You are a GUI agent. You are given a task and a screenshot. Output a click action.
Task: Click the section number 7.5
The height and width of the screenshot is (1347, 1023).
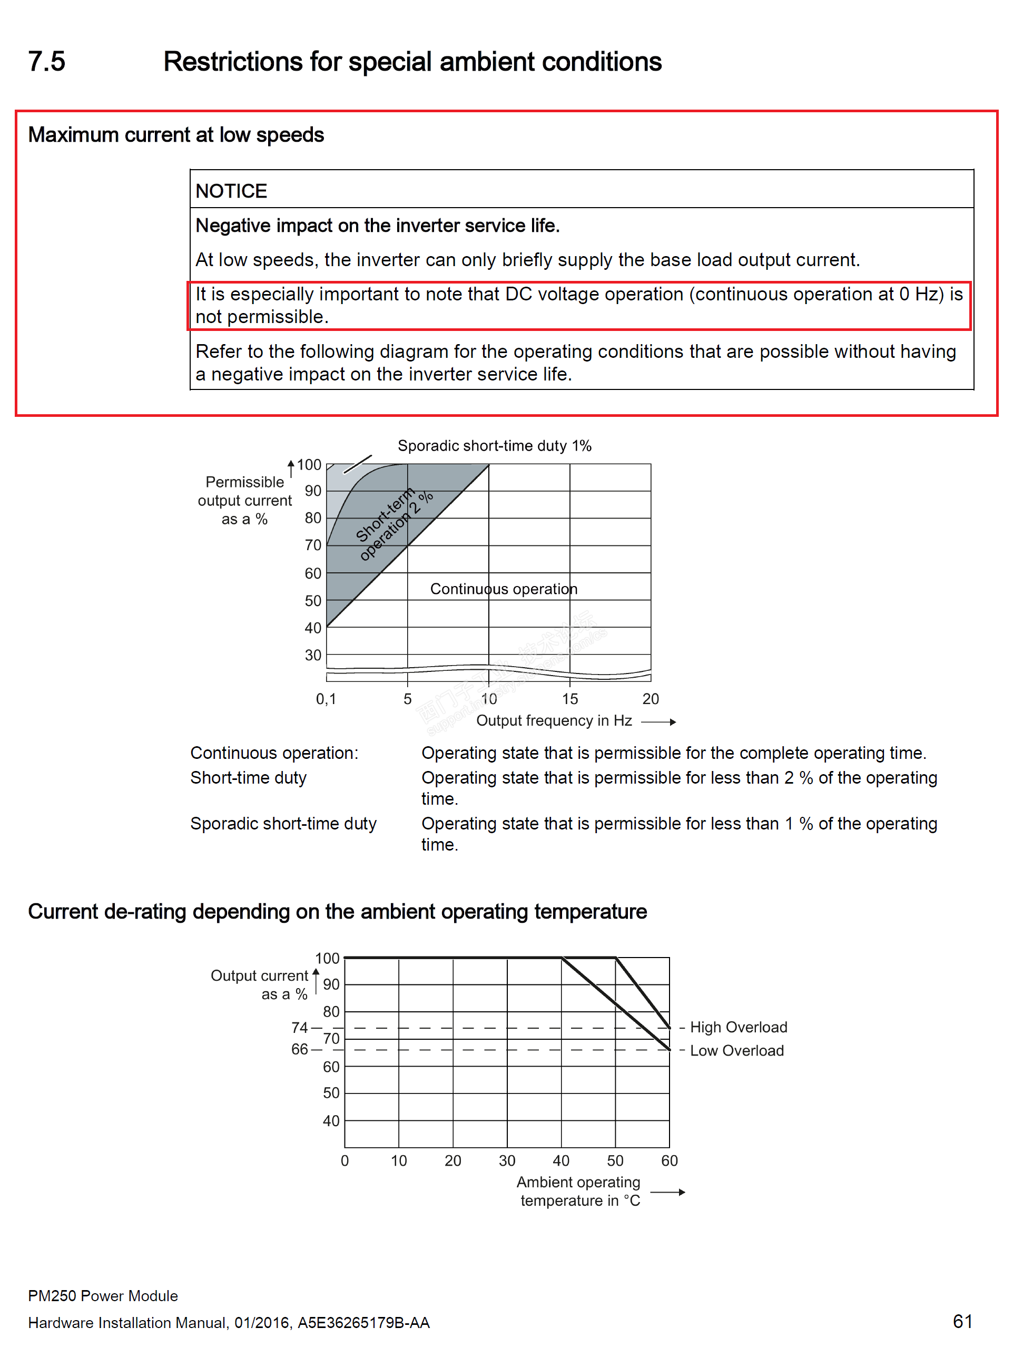coord(46,62)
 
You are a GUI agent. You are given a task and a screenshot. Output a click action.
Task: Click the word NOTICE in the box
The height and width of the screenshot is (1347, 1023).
coord(231,191)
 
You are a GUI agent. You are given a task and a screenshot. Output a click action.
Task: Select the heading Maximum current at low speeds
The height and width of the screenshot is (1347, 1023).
coord(176,134)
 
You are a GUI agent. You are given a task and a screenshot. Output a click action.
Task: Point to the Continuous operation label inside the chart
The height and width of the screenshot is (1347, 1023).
coord(504,589)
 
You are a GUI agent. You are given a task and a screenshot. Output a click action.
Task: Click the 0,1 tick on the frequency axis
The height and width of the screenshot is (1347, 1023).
coord(326,699)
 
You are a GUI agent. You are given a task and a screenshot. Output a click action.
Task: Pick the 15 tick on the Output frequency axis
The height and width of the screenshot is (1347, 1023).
coord(569,699)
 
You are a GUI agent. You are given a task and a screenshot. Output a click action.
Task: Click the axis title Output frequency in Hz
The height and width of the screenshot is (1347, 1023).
coord(554,721)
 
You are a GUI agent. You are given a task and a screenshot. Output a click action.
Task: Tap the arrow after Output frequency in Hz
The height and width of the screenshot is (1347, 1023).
coord(659,722)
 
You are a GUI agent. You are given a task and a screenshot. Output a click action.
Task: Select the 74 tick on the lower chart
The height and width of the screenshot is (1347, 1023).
coord(299,1028)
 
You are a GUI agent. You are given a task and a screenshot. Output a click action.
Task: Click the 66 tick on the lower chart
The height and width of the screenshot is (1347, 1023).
coord(299,1049)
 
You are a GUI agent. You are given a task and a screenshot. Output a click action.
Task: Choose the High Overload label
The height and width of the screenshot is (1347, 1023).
coord(738,1027)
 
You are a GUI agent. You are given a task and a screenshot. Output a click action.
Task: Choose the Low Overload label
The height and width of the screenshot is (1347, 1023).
coord(736,1050)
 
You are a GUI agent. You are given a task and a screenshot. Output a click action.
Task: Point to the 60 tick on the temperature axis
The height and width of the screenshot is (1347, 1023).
coord(669,1160)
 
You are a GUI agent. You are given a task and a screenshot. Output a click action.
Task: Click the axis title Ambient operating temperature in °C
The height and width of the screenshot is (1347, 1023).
coord(578,1191)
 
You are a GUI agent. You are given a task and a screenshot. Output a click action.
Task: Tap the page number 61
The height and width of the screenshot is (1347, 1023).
coord(962,1321)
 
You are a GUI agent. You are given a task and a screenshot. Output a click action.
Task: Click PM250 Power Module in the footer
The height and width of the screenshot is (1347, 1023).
coord(103,1296)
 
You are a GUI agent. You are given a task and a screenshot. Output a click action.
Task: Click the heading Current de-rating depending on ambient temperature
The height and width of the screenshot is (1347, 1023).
coord(337,912)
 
